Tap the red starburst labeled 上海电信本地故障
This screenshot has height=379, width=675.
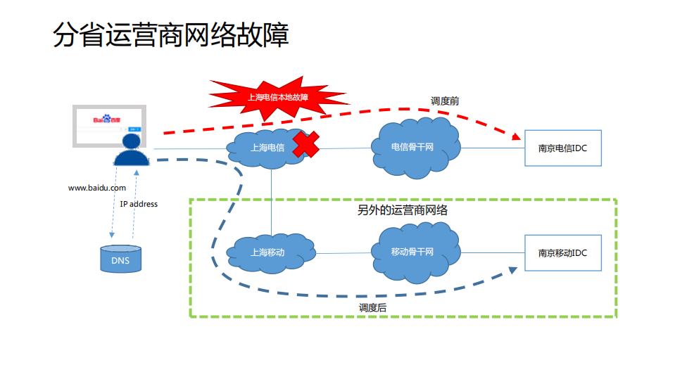click(x=278, y=97)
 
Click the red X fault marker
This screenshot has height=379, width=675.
click(x=305, y=144)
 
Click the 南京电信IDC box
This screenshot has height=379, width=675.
click(x=563, y=148)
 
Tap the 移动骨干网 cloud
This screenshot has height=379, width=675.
click(x=414, y=252)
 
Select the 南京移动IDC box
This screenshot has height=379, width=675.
click(x=563, y=253)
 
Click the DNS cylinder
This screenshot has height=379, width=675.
click(x=120, y=259)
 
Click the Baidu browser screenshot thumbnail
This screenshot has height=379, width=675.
click(x=110, y=125)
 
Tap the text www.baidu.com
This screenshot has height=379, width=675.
click(x=97, y=188)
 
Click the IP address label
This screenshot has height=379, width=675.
click(x=139, y=204)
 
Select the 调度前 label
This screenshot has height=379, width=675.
click(x=445, y=101)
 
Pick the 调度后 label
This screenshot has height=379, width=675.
click(x=372, y=307)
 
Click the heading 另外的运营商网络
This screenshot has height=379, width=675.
click(x=403, y=210)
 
